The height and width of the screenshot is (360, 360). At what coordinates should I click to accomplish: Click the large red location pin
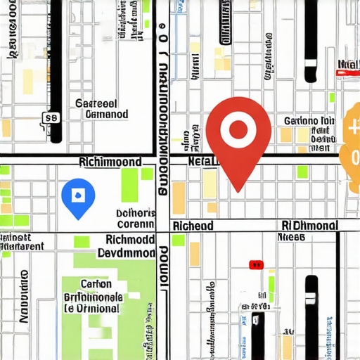click(x=238, y=137)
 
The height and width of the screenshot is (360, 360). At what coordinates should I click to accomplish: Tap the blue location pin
click(x=77, y=196)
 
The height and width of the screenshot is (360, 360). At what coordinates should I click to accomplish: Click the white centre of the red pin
click(x=238, y=129)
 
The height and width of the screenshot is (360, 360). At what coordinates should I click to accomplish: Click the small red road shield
click(x=256, y=265)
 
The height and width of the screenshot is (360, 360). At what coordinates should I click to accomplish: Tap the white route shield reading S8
click(x=50, y=118)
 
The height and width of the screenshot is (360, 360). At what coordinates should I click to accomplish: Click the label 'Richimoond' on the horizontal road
click(x=110, y=162)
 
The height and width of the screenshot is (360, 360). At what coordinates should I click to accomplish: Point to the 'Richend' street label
click(x=193, y=226)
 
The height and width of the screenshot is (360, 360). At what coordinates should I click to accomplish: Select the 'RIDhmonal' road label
click(x=309, y=226)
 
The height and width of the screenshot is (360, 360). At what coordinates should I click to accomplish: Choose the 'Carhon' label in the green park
click(x=96, y=284)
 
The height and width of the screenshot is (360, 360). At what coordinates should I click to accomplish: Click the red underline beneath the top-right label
click(x=349, y=72)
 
